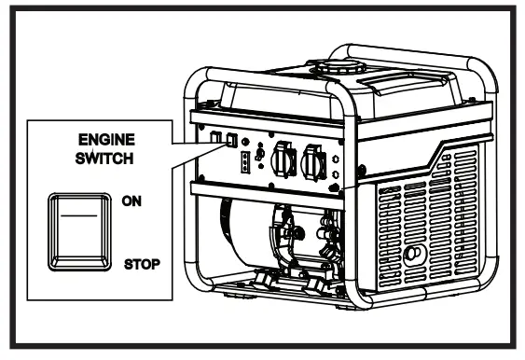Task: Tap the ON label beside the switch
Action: click(132, 200)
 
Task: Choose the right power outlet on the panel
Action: click(315, 162)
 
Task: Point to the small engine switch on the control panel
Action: click(228, 141)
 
